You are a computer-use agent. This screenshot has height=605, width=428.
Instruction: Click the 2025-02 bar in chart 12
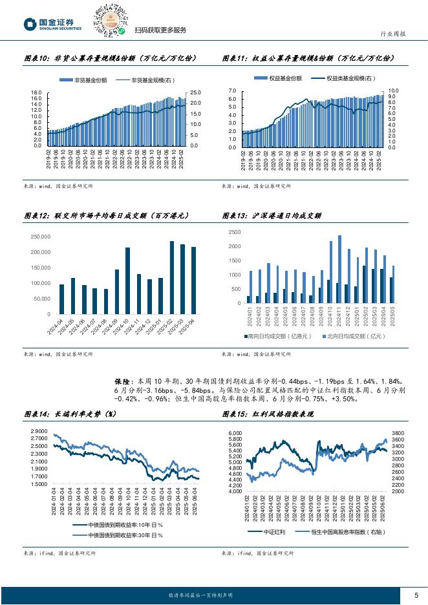[x=172, y=277]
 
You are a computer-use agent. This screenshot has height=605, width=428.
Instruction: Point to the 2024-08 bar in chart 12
[x=105, y=301]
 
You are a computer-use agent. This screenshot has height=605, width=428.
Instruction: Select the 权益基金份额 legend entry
[x=283, y=78]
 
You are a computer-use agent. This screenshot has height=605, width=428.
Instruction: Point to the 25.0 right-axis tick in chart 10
[x=194, y=93]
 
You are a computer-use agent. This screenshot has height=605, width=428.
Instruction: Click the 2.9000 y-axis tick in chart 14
[x=39, y=430]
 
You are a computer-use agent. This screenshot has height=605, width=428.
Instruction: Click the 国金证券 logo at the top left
[x=53, y=25]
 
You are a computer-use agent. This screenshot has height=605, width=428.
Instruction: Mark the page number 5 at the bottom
[x=416, y=595]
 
